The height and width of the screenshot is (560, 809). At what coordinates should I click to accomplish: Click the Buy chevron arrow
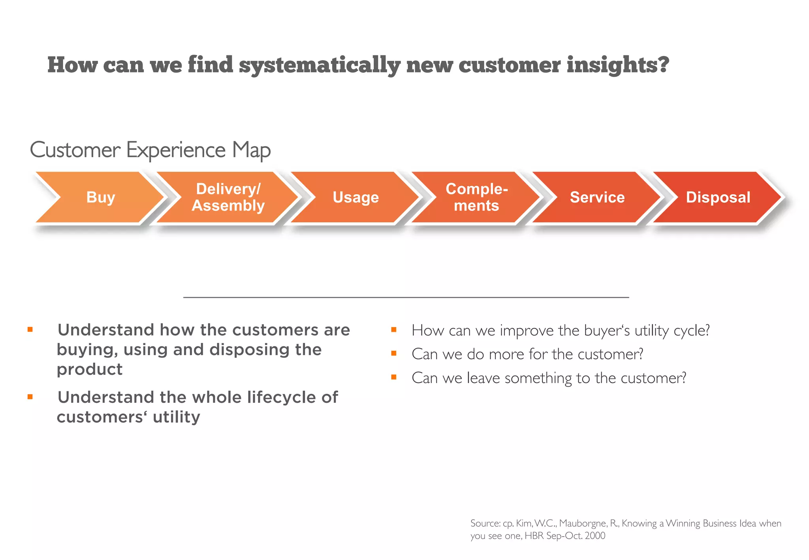coord(100,197)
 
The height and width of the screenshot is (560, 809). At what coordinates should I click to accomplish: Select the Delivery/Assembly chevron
coord(228,197)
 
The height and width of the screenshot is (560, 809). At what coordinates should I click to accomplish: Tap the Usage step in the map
coord(356,197)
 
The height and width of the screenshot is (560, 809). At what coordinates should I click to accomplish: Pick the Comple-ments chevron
coord(476,197)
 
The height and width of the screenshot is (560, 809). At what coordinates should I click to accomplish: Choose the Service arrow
coord(597,197)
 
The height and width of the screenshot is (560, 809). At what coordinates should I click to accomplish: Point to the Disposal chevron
coord(718,197)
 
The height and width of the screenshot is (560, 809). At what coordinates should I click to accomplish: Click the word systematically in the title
coord(320,65)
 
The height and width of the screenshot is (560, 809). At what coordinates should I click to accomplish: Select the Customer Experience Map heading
coord(150,150)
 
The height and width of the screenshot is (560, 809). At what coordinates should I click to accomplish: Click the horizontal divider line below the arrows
coord(406,297)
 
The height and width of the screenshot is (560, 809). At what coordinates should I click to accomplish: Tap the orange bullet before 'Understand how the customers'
coord(30,329)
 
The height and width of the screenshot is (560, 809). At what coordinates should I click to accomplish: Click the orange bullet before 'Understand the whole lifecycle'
coord(30,397)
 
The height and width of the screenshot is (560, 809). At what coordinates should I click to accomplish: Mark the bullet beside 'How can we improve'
coord(393,329)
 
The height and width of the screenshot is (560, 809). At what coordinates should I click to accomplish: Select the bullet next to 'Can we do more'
coord(393,353)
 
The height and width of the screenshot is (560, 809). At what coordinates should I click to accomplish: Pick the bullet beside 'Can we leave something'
coord(393,377)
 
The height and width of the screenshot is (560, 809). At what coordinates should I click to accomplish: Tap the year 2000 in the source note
coord(595,536)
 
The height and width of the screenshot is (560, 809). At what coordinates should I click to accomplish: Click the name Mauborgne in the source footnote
coord(583,523)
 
